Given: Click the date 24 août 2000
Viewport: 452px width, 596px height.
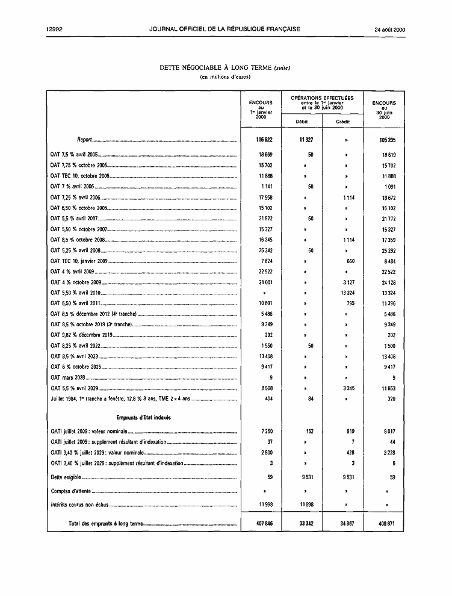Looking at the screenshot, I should point(389,29).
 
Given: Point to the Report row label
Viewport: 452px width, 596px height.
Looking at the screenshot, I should point(85,140).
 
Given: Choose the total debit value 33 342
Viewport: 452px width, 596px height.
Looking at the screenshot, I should point(304,523).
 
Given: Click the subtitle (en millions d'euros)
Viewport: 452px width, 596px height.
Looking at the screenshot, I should point(225,77).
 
